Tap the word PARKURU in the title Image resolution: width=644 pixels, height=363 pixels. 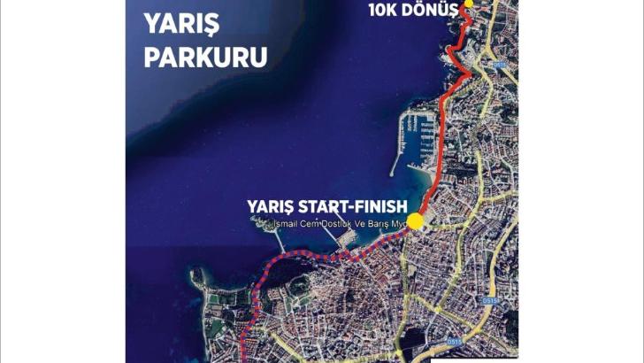[205, 58]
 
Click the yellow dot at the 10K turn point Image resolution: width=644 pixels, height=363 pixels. [469, 4]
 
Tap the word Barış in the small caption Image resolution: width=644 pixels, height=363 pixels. [377, 223]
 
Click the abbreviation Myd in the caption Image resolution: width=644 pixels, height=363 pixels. [398, 223]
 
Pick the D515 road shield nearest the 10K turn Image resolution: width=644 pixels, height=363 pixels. [500, 64]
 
